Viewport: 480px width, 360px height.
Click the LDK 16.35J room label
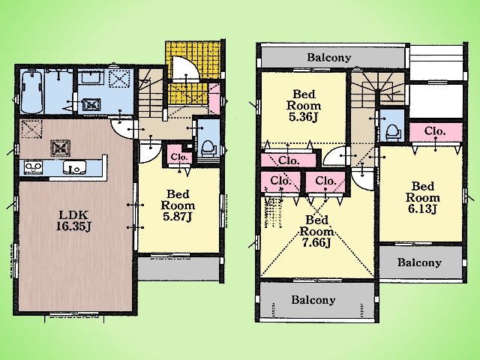pyautogui.click(x=73, y=220)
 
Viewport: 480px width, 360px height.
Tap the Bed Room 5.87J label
pyautogui.click(x=178, y=205)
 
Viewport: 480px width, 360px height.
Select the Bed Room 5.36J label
pyautogui.click(x=304, y=105)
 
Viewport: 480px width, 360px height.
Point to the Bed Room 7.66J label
pyautogui.click(x=316, y=231)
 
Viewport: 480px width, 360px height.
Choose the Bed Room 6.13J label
pyautogui.click(x=423, y=197)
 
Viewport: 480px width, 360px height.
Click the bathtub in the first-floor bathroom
pyautogui.click(x=31, y=91)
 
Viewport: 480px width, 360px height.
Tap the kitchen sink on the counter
pyautogui.click(x=75, y=168)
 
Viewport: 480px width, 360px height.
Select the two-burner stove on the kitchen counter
pyautogui.click(x=33, y=168)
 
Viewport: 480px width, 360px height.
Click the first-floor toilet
pyautogui.click(x=208, y=148)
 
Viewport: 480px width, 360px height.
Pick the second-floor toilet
pyautogui.click(x=393, y=132)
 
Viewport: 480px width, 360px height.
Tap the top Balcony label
pyautogui.click(x=329, y=57)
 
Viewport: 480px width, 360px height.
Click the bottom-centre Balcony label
pyautogui.click(x=313, y=299)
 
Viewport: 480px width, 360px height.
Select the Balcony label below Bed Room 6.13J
pyautogui.click(x=419, y=262)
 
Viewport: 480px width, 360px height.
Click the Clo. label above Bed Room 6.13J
pyautogui.click(x=435, y=131)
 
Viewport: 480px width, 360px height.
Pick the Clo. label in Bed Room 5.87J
pyautogui.click(x=179, y=157)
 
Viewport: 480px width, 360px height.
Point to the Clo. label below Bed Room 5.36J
pyautogui.click(x=289, y=160)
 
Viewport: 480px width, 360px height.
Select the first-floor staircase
pyautogui.click(x=151, y=93)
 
